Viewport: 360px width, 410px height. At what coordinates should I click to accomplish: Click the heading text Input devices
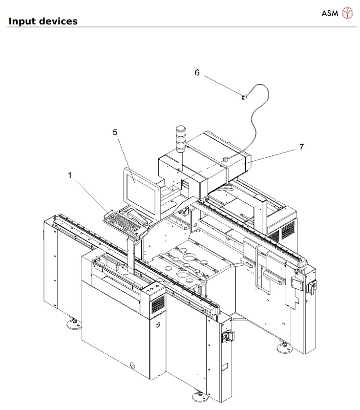click(x=43, y=22)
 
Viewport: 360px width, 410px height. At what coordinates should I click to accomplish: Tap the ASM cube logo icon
click(x=346, y=12)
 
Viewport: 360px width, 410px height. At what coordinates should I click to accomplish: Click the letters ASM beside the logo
click(x=330, y=12)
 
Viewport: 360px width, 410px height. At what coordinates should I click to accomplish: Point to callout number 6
click(x=197, y=72)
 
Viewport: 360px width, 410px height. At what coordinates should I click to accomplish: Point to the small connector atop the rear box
click(x=226, y=159)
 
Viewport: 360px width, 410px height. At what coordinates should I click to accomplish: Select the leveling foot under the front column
click(x=199, y=395)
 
